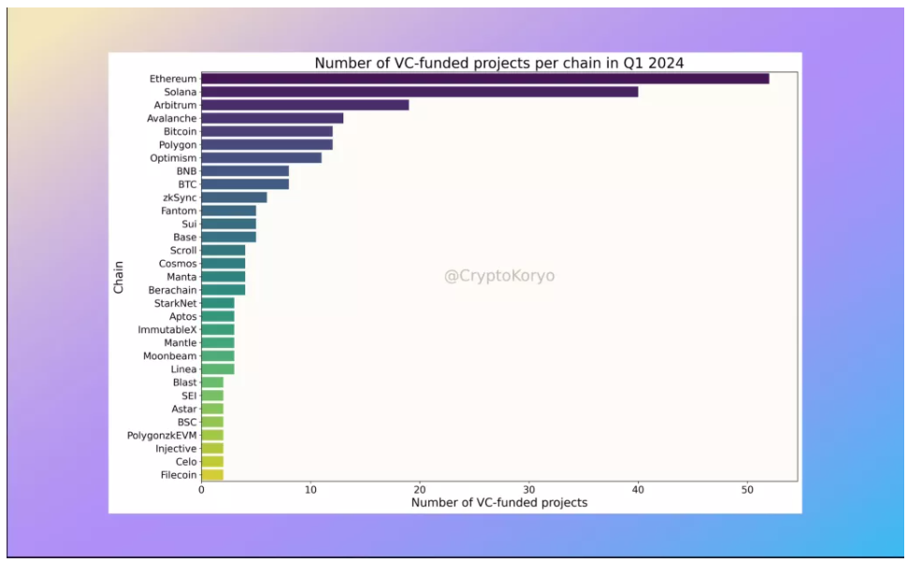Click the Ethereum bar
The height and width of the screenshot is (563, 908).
click(x=484, y=79)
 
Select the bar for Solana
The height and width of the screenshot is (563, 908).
click(x=419, y=92)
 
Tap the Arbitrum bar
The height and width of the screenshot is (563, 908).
click(x=305, y=105)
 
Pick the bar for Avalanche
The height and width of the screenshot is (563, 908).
click(x=272, y=118)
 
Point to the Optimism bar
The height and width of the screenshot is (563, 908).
click(x=261, y=158)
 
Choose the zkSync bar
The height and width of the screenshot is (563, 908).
click(x=234, y=197)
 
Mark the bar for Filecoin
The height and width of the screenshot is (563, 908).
click(x=212, y=475)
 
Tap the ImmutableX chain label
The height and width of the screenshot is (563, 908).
click(x=167, y=330)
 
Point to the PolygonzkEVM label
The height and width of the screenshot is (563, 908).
click(x=162, y=436)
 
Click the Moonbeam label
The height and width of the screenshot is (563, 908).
click(x=169, y=356)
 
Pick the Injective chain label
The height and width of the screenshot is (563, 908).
click(x=176, y=449)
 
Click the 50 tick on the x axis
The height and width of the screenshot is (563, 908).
click(x=747, y=490)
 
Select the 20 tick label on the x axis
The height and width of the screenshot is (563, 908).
click(x=420, y=490)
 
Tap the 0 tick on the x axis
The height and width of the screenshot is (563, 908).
click(x=201, y=490)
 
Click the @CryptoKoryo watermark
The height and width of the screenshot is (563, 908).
click(x=498, y=277)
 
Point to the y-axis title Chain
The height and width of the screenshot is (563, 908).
click(x=119, y=277)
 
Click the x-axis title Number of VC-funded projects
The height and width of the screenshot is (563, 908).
click(x=498, y=503)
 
